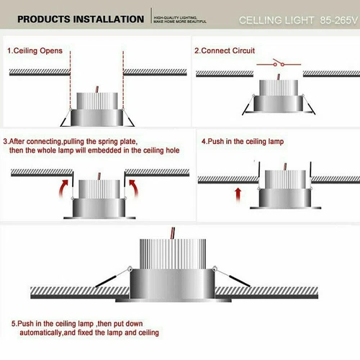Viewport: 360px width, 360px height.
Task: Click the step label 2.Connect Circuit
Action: pyautogui.click(x=225, y=52)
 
